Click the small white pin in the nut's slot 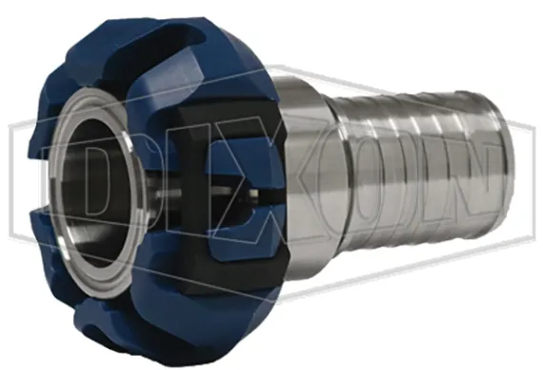pyautogui.click(x=255, y=194)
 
